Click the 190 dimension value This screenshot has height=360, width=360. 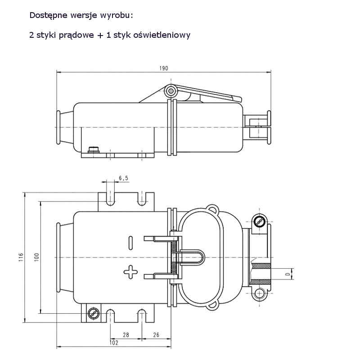coord(163,68)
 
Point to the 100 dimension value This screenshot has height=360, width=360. coord(37,257)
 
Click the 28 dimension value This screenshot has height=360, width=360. coord(126,335)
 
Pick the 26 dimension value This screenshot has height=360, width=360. coord(156,335)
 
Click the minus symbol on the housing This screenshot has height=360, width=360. coord(130,242)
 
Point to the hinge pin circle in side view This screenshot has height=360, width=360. coord(170,91)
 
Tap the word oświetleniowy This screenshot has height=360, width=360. coord(162,35)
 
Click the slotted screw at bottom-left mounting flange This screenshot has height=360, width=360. coord(94,312)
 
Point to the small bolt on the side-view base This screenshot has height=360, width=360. coord(94,150)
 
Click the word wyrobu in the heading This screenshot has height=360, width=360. coord(119,15)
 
